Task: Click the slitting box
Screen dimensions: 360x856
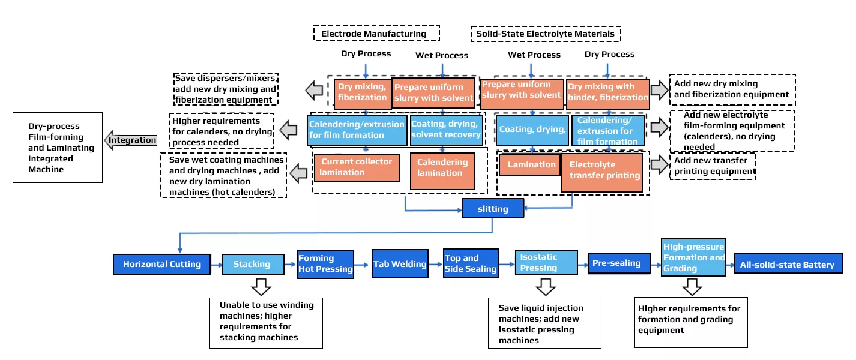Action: [x=492, y=209]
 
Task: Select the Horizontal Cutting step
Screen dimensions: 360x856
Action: [x=162, y=264]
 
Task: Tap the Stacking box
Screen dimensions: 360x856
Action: [x=252, y=264]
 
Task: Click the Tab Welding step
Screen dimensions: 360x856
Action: [x=400, y=264]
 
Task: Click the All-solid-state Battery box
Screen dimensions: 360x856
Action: [x=788, y=265]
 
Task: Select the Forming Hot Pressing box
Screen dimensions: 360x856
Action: [x=325, y=264]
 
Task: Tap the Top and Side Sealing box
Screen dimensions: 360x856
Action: [x=471, y=263]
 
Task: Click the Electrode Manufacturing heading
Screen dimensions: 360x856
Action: [x=376, y=34]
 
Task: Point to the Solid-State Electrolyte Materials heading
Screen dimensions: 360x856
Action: [x=546, y=34]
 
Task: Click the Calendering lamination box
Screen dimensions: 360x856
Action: [x=442, y=167]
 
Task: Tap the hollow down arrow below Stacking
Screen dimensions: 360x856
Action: [x=260, y=286]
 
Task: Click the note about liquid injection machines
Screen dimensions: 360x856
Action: [x=544, y=323]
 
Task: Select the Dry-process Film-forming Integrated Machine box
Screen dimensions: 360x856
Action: [x=58, y=148]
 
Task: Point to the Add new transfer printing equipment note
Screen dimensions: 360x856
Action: [x=713, y=166]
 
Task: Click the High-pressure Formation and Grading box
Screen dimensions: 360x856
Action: [x=693, y=257]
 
